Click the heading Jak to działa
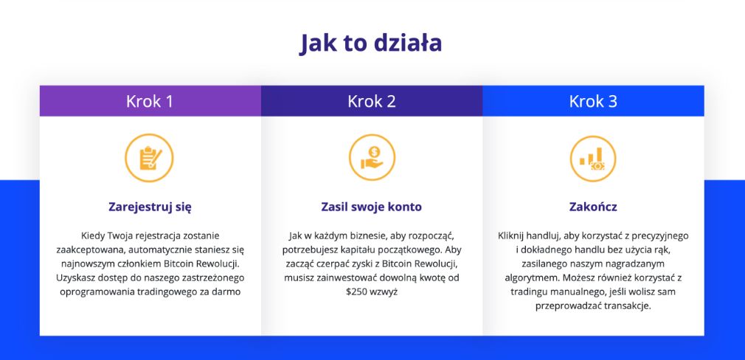pos(370,44)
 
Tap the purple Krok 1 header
pos(150,101)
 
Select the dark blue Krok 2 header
pos(372,101)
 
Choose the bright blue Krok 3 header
pos(594,101)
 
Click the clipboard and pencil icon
pos(150,158)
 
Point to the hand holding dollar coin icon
pos(372,158)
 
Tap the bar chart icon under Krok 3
pos(593,159)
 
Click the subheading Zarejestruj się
pos(150,207)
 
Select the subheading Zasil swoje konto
pos(372,207)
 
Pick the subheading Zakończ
pos(593,207)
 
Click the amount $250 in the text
pos(357,292)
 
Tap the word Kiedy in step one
pos(93,235)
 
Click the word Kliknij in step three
pos(511,235)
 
